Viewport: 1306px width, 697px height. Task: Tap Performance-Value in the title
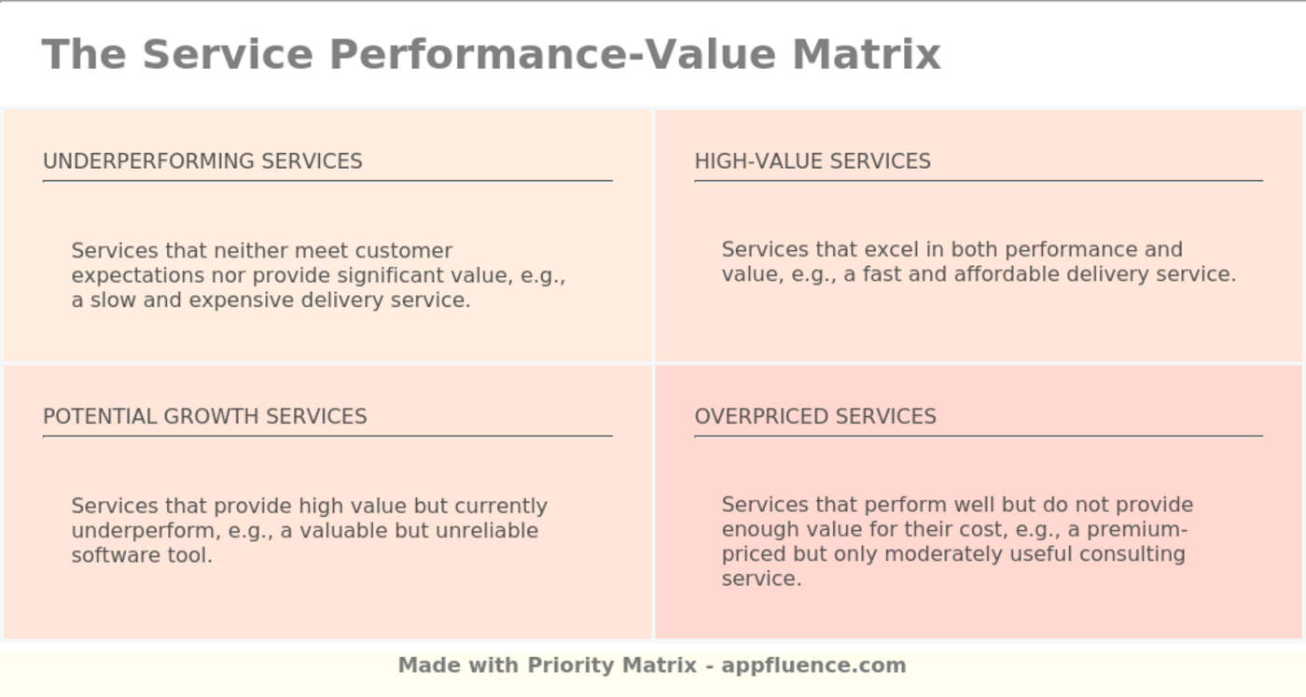(555, 54)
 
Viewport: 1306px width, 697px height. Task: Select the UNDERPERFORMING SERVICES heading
(202, 161)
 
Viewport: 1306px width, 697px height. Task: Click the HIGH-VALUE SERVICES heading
(813, 161)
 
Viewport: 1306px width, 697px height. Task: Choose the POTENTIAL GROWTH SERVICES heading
(205, 416)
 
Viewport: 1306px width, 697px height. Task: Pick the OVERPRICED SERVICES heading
(815, 416)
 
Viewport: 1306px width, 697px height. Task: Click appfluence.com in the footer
(813, 665)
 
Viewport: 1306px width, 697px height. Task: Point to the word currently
(501, 507)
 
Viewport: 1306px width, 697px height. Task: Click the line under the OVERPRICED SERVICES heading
(978, 436)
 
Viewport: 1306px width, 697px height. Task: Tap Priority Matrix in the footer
(612, 665)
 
